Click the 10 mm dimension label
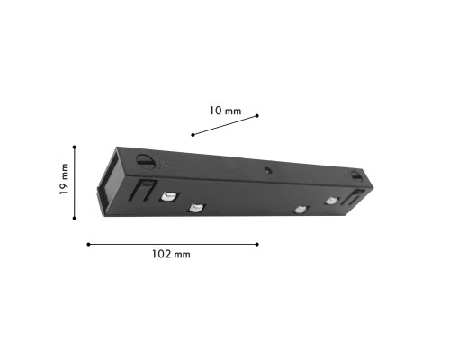coord(225,111)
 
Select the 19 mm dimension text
coord(64,180)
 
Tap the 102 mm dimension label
coord(170,255)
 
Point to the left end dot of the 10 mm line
coord(193,135)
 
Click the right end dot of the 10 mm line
coord(257,115)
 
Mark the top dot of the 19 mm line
coord(75,146)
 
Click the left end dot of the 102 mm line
coord(88,244)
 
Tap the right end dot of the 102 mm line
coord(258,244)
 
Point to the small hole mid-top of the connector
coord(267,169)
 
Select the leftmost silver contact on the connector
coord(167,196)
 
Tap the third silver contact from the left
coord(299,211)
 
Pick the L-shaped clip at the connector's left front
coord(139,190)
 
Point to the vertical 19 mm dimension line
coord(75,180)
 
